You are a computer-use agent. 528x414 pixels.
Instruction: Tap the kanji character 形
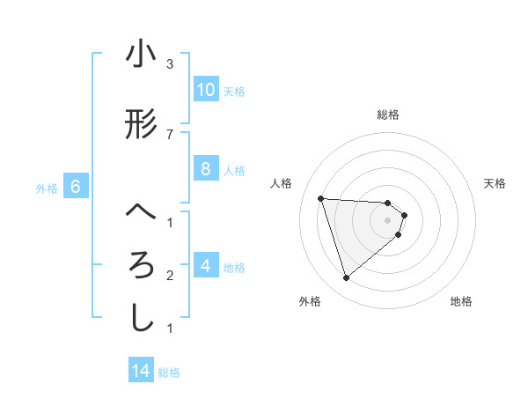coord(141,125)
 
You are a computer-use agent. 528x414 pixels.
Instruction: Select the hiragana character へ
coord(141,212)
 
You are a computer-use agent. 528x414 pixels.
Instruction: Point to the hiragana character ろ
coord(141,265)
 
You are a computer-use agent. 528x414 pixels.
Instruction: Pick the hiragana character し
coord(141,318)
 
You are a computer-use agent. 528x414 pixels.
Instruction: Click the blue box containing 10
coord(206,90)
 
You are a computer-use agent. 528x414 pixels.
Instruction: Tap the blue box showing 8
coord(206,169)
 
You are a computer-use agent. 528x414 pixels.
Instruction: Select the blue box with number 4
coord(206,265)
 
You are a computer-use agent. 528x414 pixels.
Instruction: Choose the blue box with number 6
coord(76,187)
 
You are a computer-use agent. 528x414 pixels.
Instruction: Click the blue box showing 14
coord(141,371)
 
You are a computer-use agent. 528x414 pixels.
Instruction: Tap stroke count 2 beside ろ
coord(170,276)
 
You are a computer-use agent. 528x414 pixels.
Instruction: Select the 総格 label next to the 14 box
coord(169,373)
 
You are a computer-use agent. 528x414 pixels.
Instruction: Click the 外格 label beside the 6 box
coord(47,188)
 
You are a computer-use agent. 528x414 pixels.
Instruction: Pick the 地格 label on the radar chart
coord(461,301)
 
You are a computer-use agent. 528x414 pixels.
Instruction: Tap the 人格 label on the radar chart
coord(282,183)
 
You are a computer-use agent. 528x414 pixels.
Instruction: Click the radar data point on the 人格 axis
coord(321,198)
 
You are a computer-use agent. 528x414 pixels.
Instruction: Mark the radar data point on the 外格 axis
coord(347,278)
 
